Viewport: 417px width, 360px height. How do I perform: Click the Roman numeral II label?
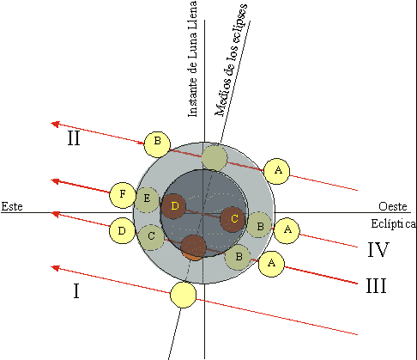point(74,138)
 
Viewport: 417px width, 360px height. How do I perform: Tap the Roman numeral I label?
point(76,291)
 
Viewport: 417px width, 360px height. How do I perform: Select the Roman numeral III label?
point(377,285)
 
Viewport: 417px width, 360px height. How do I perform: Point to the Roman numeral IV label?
point(378,249)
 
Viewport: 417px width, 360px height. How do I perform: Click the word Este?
point(12,206)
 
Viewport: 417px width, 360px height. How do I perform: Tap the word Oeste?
point(393,206)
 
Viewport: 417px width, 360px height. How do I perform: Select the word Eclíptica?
point(394,223)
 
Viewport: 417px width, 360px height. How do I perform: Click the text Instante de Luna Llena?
point(192,59)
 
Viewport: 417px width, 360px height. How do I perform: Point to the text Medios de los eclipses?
point(231,60)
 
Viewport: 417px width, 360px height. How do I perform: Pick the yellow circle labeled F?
point(123,195)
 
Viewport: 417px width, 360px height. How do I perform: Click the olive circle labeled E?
point(147,199)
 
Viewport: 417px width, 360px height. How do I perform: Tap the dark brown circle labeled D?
point(173,206)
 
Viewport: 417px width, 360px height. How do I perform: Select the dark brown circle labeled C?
point(233,219)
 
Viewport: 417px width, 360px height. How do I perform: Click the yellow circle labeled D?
point(123,231)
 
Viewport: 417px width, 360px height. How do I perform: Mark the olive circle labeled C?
point(151,237)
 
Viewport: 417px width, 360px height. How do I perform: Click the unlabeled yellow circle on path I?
point(184,295)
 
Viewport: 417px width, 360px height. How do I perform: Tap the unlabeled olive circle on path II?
point(215,158)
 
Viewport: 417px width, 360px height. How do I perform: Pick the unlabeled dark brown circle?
point(194,248)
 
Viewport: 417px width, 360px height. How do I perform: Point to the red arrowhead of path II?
point(55,124)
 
